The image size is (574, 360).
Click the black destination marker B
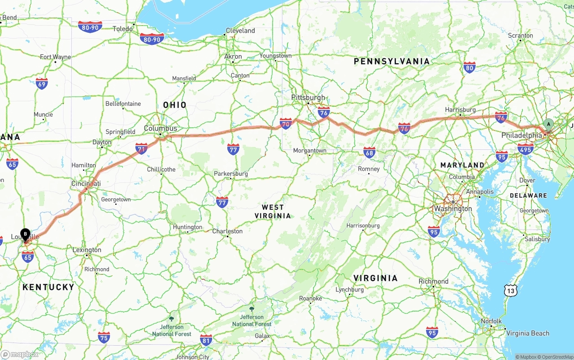coord(26,234)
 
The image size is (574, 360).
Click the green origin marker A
coord(548,124)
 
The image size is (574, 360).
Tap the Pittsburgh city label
coord(308,97)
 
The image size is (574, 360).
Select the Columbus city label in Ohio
coord(160,128)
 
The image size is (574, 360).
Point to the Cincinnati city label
coord(86,183)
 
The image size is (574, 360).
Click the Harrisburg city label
coord(460,109)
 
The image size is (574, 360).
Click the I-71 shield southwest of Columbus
coord(141,148)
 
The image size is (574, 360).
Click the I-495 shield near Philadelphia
coord(525,148)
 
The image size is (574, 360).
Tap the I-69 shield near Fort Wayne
coord(42,83)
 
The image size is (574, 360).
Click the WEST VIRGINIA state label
coord(273,211)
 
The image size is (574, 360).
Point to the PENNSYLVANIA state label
coord(391,61)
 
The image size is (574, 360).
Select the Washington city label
coord(453,208)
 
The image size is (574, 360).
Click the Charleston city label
coord(227,231)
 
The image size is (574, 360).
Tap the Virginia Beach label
coord(527,333)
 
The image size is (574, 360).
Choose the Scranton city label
coord(520,35)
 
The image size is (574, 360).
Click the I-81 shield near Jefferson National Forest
coord(206,339)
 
